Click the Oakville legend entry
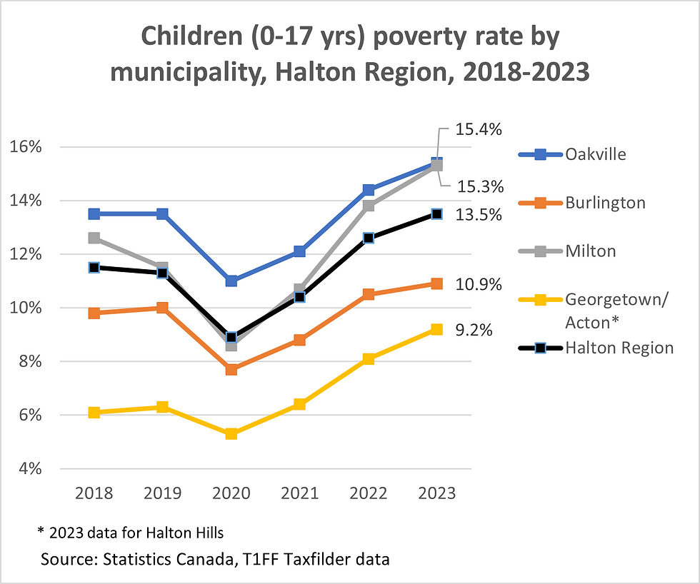click(x=596, y=153)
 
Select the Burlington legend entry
click(x=604, y=203)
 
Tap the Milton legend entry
click(x=590, y=251)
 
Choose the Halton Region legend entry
click(x=619, y=348)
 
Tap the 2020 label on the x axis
click(x=231, y=493)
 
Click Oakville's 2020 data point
click(x=231, y=281)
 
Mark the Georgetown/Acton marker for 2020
click(x=231, y=434)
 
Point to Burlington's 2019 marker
click(x=162, y=308)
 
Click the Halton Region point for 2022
click(x=369, y=238)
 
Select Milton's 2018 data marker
click(x=94, y=238)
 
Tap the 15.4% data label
click(x=480, y=130)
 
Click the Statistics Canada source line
click(x=215, y=559)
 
